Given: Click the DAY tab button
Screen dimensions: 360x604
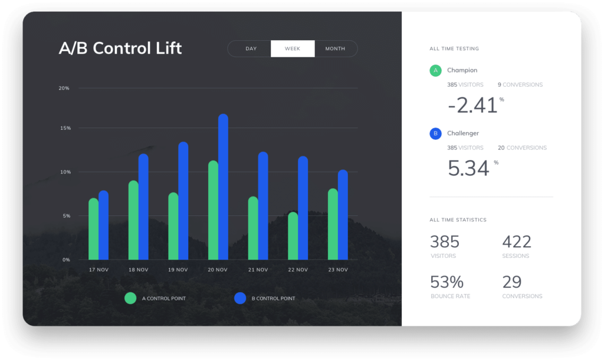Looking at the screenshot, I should pos(251,49).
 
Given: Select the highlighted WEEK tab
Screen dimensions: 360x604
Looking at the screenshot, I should pos(293,49).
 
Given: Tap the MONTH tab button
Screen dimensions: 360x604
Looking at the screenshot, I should pos(335,49).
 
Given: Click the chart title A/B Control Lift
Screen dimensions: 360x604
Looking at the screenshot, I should pos(120,48).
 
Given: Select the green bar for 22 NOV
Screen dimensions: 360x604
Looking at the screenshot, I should pos(293,236).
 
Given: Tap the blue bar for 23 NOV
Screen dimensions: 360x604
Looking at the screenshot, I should pos(343,215).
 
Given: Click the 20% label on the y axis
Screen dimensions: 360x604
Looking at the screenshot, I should pos(64,89).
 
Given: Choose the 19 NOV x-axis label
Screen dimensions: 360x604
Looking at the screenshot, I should pos(178,270).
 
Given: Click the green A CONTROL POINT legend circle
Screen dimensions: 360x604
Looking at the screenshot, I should pos(130,298).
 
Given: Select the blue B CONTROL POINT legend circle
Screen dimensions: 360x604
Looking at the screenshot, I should pos(240,298).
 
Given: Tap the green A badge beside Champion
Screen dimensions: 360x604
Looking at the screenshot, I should pos(435,71).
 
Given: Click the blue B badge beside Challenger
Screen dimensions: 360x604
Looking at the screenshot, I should pos(435,134).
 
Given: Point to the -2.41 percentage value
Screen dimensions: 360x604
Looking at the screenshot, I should pos(473,106).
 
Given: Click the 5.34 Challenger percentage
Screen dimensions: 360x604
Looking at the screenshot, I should pos(468,168).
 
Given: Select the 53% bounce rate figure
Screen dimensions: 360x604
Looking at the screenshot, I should pos(447,282).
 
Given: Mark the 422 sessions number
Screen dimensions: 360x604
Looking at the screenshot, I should pos(517,241).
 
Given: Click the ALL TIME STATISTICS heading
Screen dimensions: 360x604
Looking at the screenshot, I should pos(458,220).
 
